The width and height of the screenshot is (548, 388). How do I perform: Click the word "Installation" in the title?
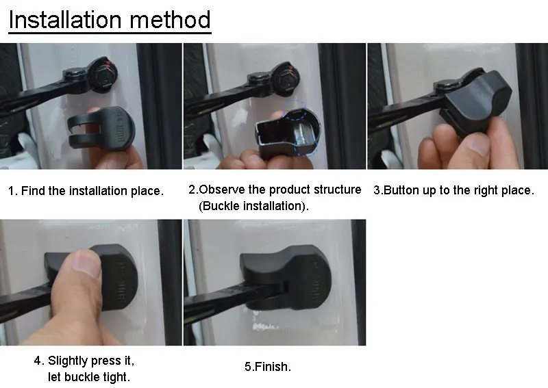click(65, 20)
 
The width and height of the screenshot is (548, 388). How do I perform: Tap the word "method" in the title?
click(170, 20)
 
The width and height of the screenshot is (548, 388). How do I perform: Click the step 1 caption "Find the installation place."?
click(92, 191)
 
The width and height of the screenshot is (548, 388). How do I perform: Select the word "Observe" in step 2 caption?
click(221, 190)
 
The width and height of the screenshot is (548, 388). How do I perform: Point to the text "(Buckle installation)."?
click(253, 206)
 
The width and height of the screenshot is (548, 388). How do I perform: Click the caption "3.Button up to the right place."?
click(453, 190)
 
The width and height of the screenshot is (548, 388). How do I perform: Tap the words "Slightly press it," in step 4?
click(91, 361)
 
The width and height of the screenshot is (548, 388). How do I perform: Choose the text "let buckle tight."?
click(89, 377)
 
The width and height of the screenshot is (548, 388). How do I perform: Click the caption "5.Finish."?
click(268, 367)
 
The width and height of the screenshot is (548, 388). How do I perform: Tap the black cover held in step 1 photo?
click(101, 128)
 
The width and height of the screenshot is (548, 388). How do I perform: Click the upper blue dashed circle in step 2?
click(295, 110)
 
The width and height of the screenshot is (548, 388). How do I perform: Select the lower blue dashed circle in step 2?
click(306, 145)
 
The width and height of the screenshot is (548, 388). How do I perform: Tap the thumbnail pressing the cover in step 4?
click(86, 263)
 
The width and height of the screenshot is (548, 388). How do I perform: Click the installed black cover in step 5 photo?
click(287, 276)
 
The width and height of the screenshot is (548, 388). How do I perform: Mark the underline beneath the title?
click(110, 33)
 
